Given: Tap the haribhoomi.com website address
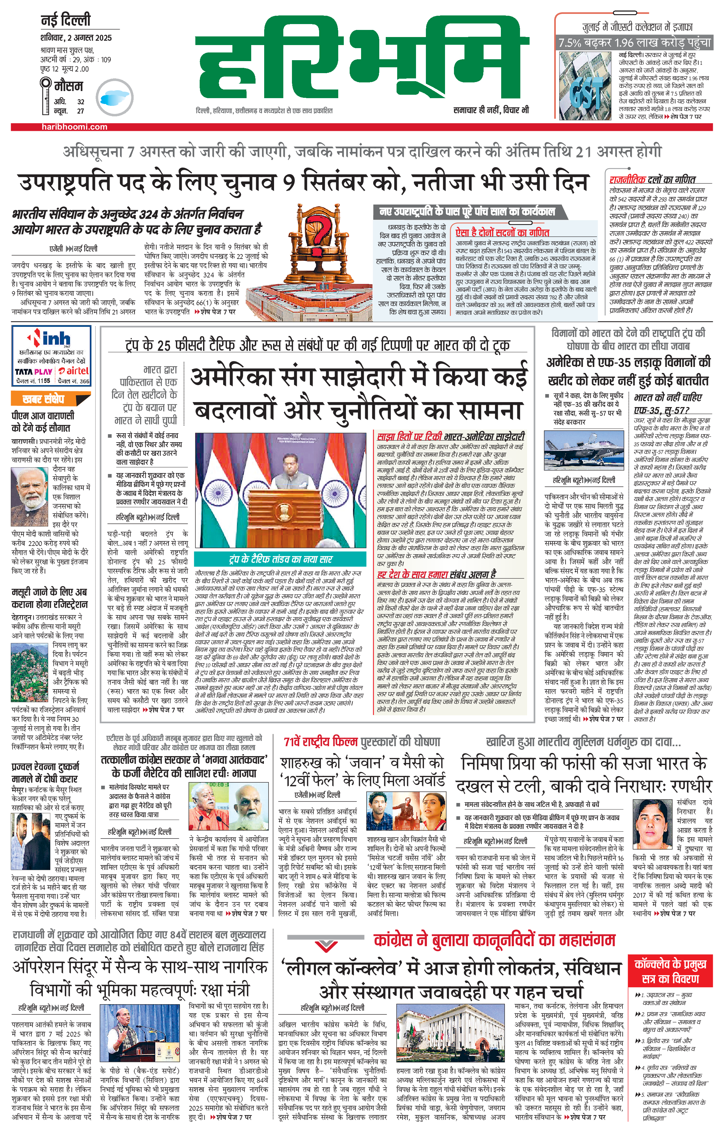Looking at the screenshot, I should pos(74,127).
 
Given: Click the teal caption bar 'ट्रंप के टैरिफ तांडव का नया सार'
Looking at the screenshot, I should pos(283,559).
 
